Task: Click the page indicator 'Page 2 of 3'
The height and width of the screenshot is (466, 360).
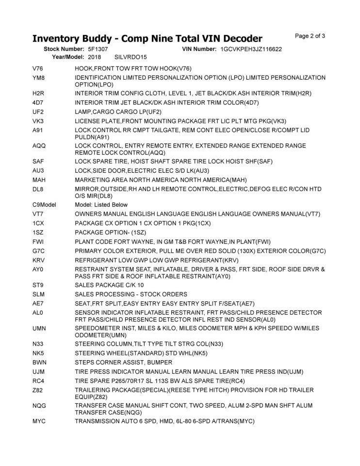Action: tap(310, 36)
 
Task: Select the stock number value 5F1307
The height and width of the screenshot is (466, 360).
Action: tap(98, 50)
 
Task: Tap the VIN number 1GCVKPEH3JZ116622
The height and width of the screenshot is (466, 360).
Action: tap(251, 50)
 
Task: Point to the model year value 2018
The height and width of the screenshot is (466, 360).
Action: tap(95, 57)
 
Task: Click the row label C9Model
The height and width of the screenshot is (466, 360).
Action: tap(44, 205)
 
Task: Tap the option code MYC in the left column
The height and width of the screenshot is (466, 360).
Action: tap(39, 421)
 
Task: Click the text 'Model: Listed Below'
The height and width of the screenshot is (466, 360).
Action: tap(101, 205)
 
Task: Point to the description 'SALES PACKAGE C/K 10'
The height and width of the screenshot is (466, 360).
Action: tap(109, 285)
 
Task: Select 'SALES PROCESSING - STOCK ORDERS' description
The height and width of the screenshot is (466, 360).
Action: tap(131, 294)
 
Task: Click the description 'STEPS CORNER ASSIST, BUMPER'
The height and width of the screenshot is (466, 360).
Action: tap(123, 363)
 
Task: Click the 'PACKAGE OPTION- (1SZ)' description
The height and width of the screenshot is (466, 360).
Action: tap(112, 233)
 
